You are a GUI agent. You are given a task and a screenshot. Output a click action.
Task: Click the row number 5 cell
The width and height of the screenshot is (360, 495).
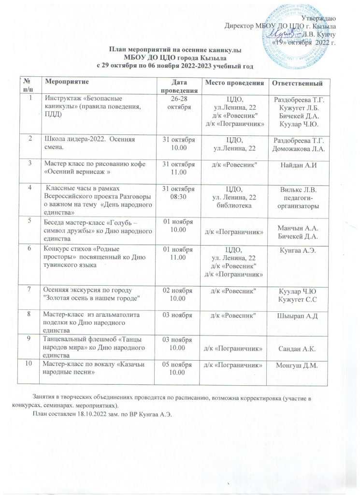pyautogui.click(x=29, y=221)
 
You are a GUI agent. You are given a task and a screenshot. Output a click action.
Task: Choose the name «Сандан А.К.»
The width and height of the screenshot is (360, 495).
pyautogui.click(x=299, y=347)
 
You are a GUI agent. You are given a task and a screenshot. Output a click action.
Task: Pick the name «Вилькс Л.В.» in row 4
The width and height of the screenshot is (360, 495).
pyautogui.click(x=299, y=189)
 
